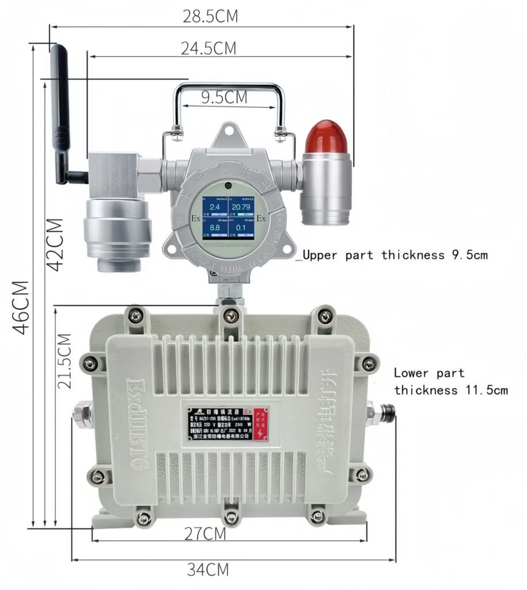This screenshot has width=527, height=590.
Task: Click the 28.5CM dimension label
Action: point(210,16)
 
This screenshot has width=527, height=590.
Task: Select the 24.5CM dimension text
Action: point(208,48)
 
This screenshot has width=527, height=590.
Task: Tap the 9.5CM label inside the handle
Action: point(224,97)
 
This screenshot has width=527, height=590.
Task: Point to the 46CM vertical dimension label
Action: point(22,307)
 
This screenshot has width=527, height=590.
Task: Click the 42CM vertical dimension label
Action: point(54,243)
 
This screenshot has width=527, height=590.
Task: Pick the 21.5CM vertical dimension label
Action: point(65,361)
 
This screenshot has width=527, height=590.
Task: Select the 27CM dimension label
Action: point(205,534)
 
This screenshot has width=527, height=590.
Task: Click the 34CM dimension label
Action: point(207,570)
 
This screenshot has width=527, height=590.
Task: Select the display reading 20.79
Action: point(241,206)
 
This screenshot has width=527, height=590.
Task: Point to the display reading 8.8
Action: point(214,228)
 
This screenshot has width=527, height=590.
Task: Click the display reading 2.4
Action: point(214,206)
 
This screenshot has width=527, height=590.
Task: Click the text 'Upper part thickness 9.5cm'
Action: point(395,255)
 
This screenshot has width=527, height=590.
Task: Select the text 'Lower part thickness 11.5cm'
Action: point(450,381)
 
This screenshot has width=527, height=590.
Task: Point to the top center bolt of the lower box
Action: point(231,315)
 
